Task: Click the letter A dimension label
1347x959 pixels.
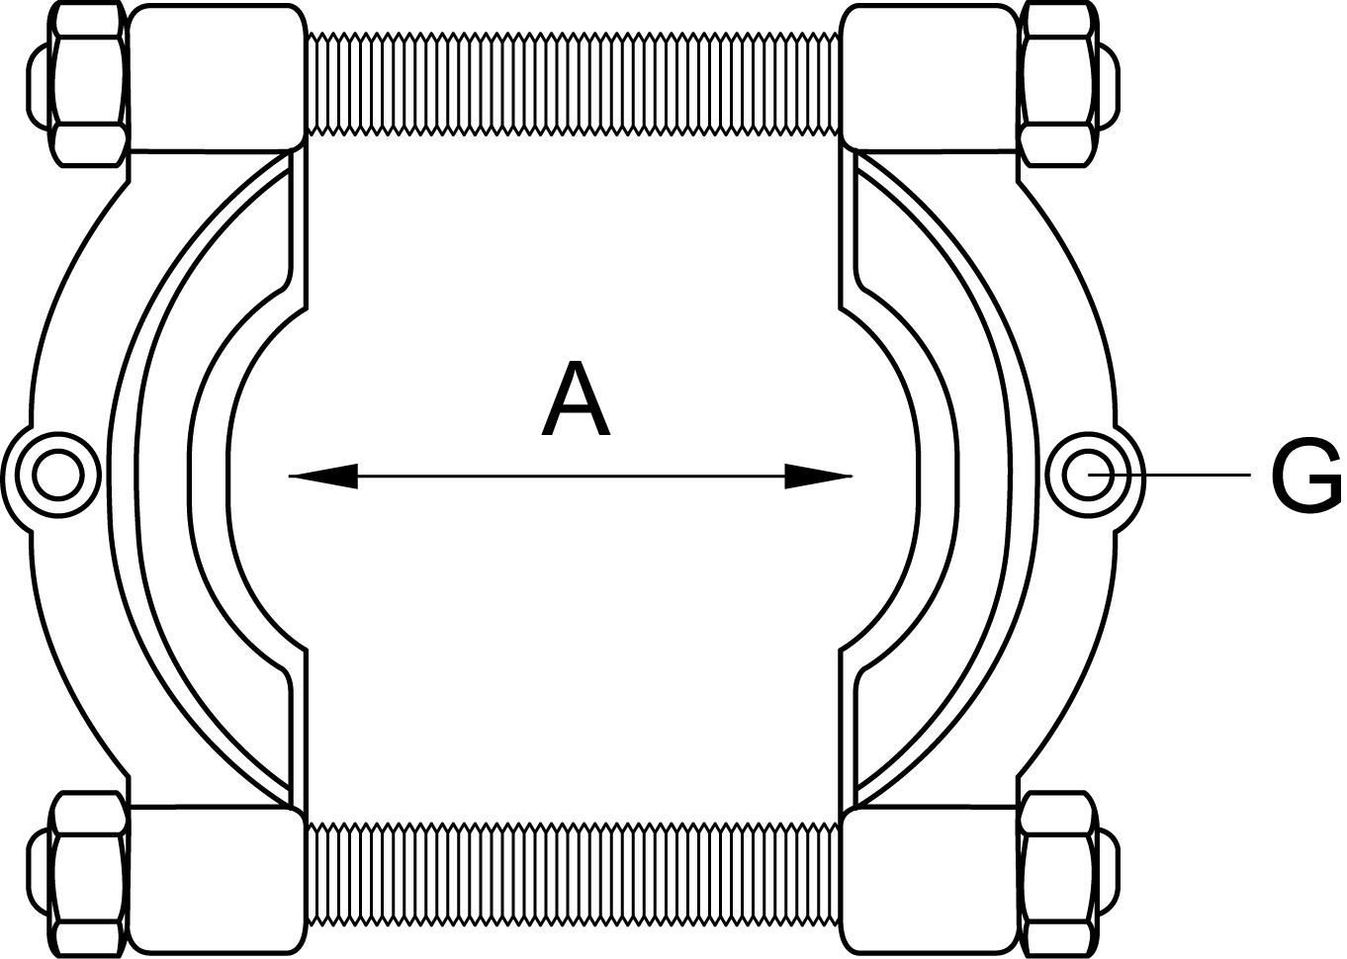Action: (x=576, y=400)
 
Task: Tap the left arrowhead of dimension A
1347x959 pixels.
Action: (x=322, y=477)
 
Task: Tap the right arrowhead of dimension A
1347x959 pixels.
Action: (x=818, y=477)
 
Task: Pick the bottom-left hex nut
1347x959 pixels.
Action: (x=89, y=872)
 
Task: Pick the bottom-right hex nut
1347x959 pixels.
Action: (x=1059, y=872)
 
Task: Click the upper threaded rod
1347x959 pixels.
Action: (x=573, y=83)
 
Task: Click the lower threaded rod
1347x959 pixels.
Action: (x=573, y=873)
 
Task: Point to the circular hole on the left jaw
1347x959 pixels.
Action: (x=56, y=476)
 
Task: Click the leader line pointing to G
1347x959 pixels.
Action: (x=1187, y=476)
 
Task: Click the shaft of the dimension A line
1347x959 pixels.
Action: (x=573, y=477)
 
